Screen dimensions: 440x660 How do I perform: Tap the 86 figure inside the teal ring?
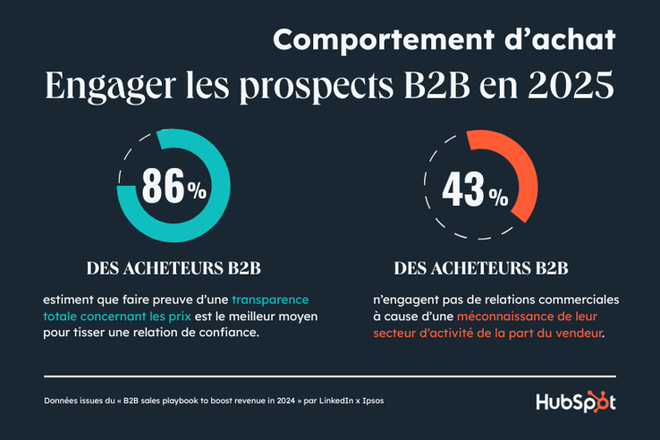click(x=162, y=186)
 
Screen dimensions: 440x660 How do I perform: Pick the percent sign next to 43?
click(x=498, y=195)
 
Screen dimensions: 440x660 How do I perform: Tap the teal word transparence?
click(x=270, y=299)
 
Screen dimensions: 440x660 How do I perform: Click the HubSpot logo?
click(x=576, y=401)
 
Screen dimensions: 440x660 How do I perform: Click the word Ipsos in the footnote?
click(x=369, y=400)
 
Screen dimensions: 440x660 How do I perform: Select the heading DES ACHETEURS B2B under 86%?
click(x=173, y=268)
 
